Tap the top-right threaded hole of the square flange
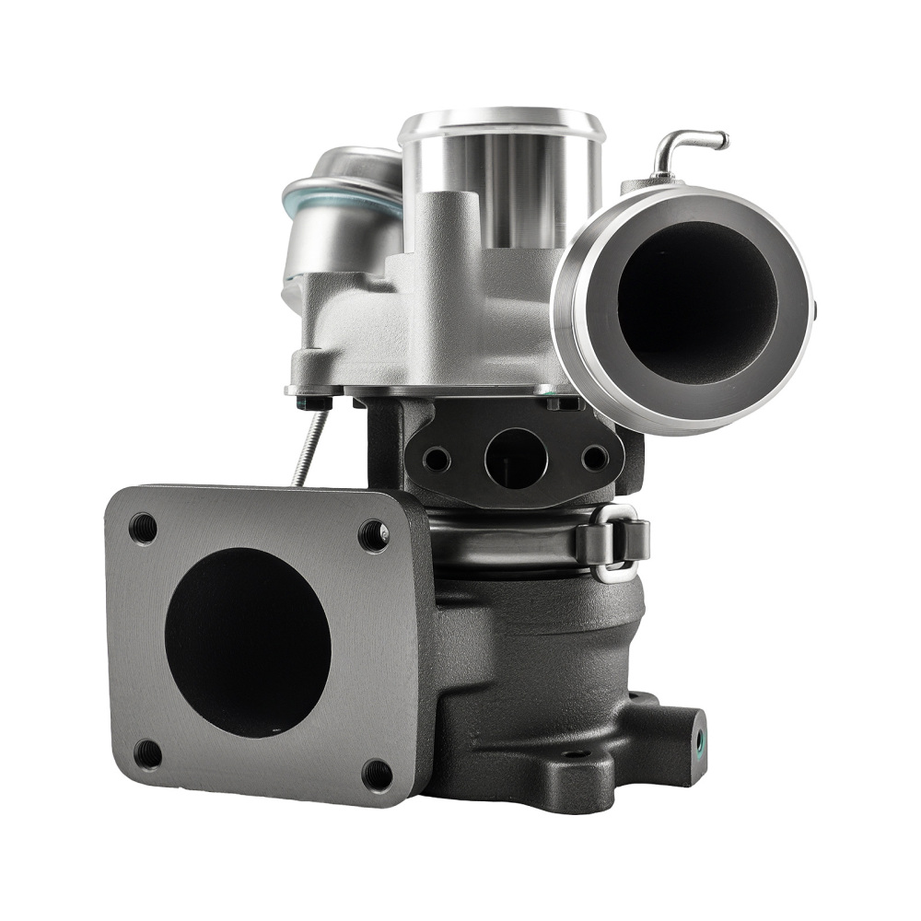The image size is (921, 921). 372,533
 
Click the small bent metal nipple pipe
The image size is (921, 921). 687,147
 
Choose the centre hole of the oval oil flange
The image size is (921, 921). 512,458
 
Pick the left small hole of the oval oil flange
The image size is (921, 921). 437,458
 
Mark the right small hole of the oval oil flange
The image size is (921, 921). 594,458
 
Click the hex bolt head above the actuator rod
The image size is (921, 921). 327,401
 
